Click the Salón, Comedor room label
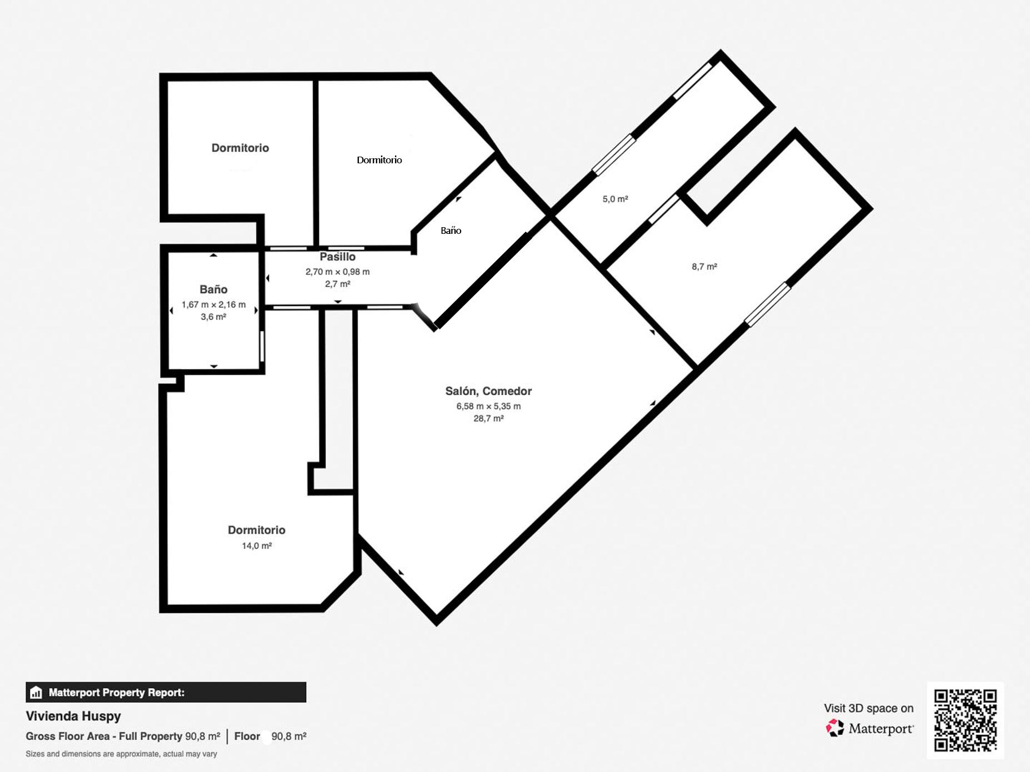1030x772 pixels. click(488, 391)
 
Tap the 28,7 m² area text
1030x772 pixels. click(488, 419)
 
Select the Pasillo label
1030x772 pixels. click(337, 257)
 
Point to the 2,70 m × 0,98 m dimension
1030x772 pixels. click(337, 272)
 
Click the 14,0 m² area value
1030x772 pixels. click(257, 546)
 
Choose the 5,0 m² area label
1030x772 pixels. click(615, 199)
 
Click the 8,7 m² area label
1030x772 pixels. click(704, 267)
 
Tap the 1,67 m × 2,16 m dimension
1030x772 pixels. click(213, 304)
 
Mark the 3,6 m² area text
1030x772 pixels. click(213, 317)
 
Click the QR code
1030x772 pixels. click(965, 720)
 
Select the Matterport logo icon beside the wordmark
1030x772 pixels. click(834, 728)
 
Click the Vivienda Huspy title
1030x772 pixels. click(73, 716)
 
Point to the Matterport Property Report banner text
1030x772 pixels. click(116, 693)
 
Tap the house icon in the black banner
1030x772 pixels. click(36, 693)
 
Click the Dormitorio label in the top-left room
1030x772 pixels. click(240, 148)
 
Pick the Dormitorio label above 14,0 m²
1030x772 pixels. click(257, 530)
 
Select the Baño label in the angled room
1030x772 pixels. click(451, 230)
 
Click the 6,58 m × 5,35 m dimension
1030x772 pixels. click(488, 406)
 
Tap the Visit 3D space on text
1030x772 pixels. click(868, 708)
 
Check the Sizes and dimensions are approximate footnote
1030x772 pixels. click(121, 754)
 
